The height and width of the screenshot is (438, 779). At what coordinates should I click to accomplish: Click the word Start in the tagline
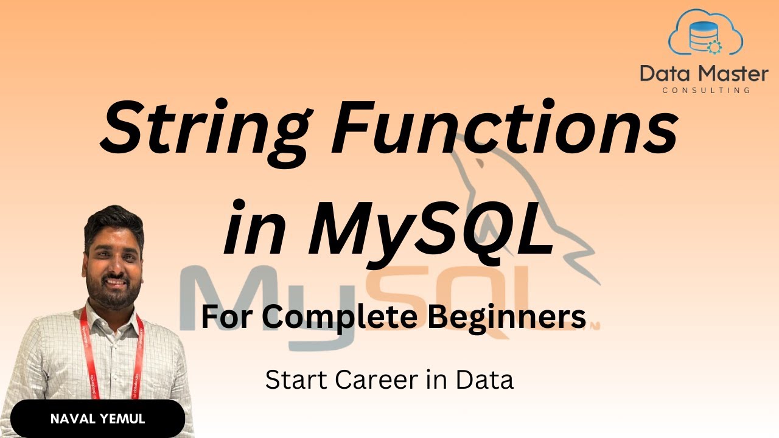click(x=296, y=380)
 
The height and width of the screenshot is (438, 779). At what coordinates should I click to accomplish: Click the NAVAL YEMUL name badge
click(x=97, y=419)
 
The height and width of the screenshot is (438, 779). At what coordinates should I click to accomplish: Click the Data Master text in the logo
click(x=704, y=74)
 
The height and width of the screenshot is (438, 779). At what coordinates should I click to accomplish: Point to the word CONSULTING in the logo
click(x=705, y=90)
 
